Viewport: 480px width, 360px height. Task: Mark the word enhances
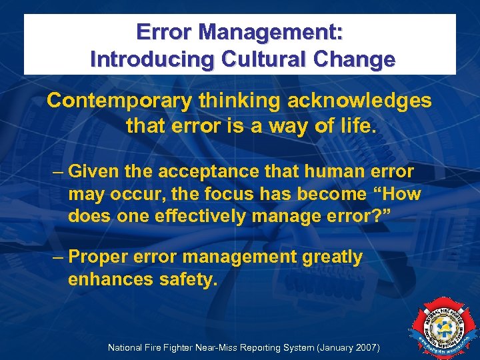(111, 279)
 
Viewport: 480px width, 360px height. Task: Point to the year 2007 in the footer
(364, 347)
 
